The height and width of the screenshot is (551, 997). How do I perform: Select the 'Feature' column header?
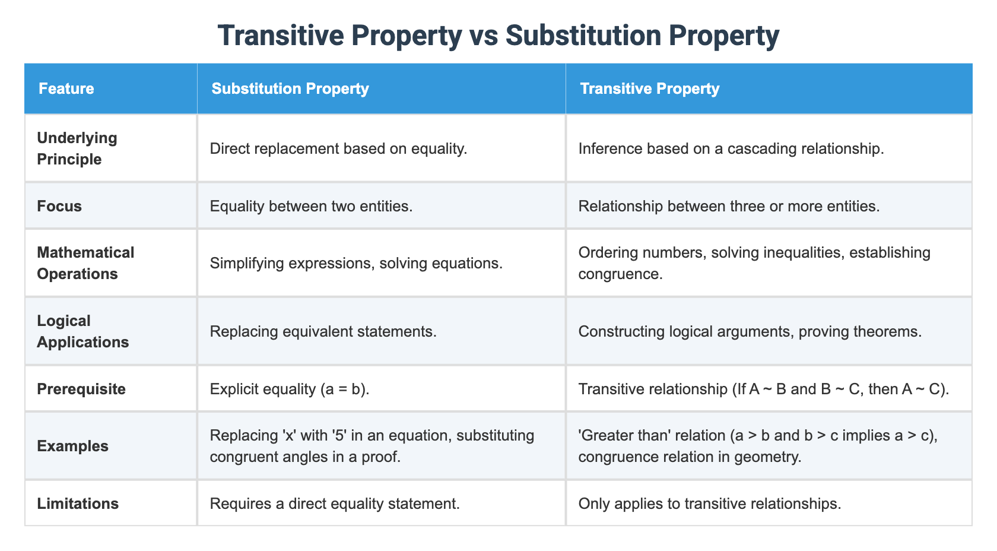click(x=66, y=88)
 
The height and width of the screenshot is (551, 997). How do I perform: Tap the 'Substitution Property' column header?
click(x=290, y=88)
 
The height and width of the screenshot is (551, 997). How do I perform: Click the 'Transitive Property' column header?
click(x=650, y=88)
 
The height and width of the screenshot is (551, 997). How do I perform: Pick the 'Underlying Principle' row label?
click(x=77, y=148)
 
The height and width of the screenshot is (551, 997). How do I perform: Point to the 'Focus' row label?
click(x=59, y=206)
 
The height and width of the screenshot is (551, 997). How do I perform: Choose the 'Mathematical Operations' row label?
click(x=85, y=263)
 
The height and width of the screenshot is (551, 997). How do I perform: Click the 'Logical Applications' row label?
click(x=82, y=331)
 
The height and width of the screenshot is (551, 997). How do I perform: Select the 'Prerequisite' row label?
click(x=81, y=389)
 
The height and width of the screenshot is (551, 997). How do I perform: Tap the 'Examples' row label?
click(x=72, y=446)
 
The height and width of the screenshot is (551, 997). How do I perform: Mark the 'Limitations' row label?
click(x=78, y=503)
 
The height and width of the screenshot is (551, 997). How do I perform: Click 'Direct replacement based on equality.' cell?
click(x=338, y=148)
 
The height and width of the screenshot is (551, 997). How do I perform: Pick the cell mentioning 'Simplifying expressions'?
click(x=356, y=263)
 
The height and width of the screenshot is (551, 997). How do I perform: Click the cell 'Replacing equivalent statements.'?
click(x=323, y=331)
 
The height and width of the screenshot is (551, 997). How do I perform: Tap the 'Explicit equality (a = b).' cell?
click(x=290, y=389)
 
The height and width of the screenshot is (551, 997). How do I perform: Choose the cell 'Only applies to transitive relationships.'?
click(x=709, y=503)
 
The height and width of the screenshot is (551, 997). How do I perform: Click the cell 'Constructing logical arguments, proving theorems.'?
click(x=750, y=331)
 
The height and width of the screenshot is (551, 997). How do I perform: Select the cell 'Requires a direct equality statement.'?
click(x=335, y=503)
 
